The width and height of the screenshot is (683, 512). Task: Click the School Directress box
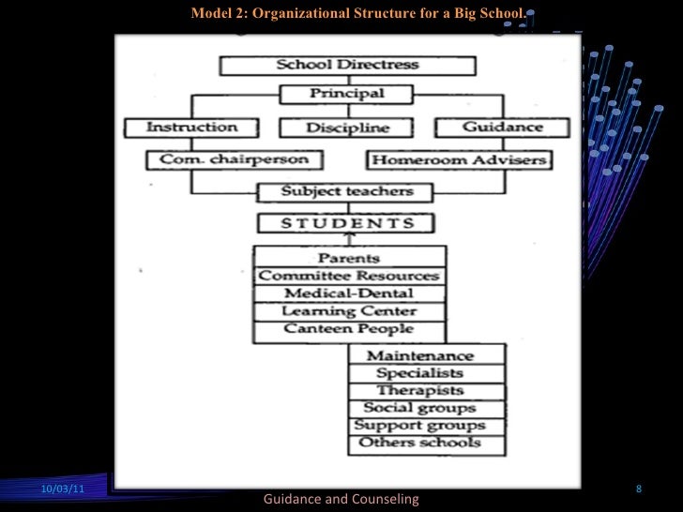click(347, 66)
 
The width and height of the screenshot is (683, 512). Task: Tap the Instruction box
click(192, 127)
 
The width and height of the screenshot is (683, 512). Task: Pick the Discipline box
click(347, 128)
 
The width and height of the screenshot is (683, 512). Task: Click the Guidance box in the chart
click(503, 127)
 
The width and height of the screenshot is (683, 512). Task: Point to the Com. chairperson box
click(227, 159)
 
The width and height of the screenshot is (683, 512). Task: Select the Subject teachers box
click(347, 192)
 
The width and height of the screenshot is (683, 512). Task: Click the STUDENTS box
click(347, 223)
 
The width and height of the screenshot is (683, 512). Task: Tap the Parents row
click(348, 258)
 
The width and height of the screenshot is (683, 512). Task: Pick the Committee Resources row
click(348, 276)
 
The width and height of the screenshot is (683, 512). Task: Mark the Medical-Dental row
click(348, 294)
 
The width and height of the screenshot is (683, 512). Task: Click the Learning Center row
click(348, 311)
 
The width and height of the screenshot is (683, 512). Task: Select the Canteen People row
click(348, 329)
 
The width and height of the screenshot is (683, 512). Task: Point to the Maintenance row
click(426, 355)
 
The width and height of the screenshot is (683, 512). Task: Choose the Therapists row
click(426, 390)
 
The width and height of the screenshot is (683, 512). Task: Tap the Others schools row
click(426, 443)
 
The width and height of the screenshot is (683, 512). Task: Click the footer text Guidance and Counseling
click(341, 499)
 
